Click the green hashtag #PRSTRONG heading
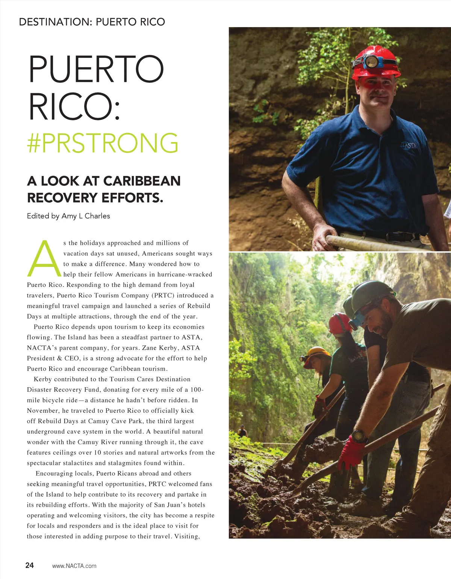coord(103,143)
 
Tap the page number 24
coord(30,565)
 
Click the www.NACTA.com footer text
coord(74,566)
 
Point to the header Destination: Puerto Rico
coord(92,22)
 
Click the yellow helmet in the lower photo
coord(316,353)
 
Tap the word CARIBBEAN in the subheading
coord(142,181)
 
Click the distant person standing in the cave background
coord(242,431)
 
